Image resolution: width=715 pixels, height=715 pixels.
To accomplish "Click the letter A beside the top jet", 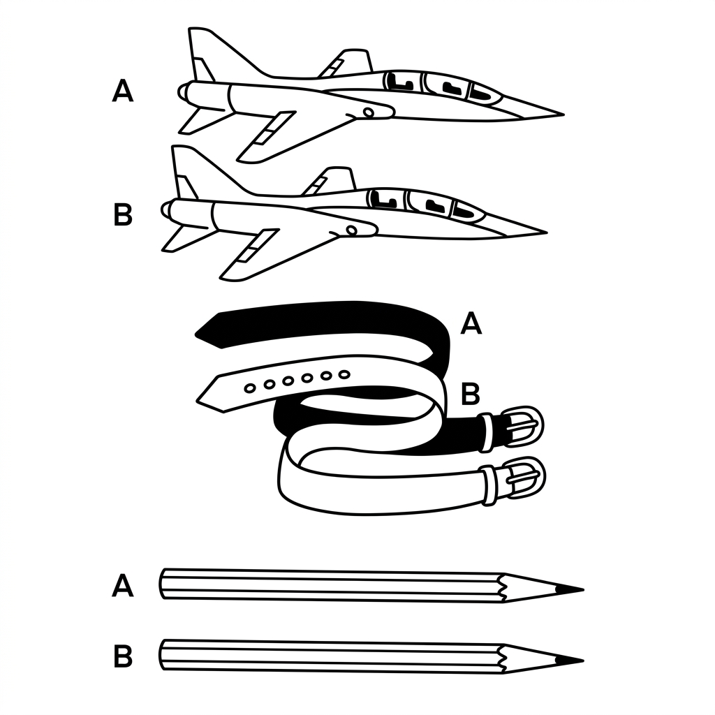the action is coord(123,91).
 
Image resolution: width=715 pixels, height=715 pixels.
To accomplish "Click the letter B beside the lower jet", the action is coord(123,214).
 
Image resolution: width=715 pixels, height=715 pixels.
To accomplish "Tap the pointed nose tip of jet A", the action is coord(563,114).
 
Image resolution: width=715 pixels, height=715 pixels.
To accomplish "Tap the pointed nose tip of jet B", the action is coord(547,233).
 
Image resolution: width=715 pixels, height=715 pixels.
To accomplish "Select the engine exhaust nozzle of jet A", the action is coord(183,91).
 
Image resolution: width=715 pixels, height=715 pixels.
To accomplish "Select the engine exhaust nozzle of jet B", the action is coord(166,209).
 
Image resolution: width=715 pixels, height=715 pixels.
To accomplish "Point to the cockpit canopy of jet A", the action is coord(441,87).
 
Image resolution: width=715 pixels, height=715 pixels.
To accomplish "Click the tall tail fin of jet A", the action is coord(214,54).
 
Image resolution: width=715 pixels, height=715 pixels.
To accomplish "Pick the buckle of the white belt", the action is coord(524,477).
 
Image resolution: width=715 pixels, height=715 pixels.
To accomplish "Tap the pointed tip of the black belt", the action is coord(196,334).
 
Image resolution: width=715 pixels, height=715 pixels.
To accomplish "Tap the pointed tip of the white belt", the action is coord(197,401).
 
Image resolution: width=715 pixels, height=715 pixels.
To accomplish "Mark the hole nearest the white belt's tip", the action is coord(249,388).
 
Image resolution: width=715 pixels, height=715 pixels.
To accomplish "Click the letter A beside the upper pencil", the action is coord(123,586).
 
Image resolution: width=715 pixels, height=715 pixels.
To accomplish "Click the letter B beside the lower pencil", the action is coord(123,656).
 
